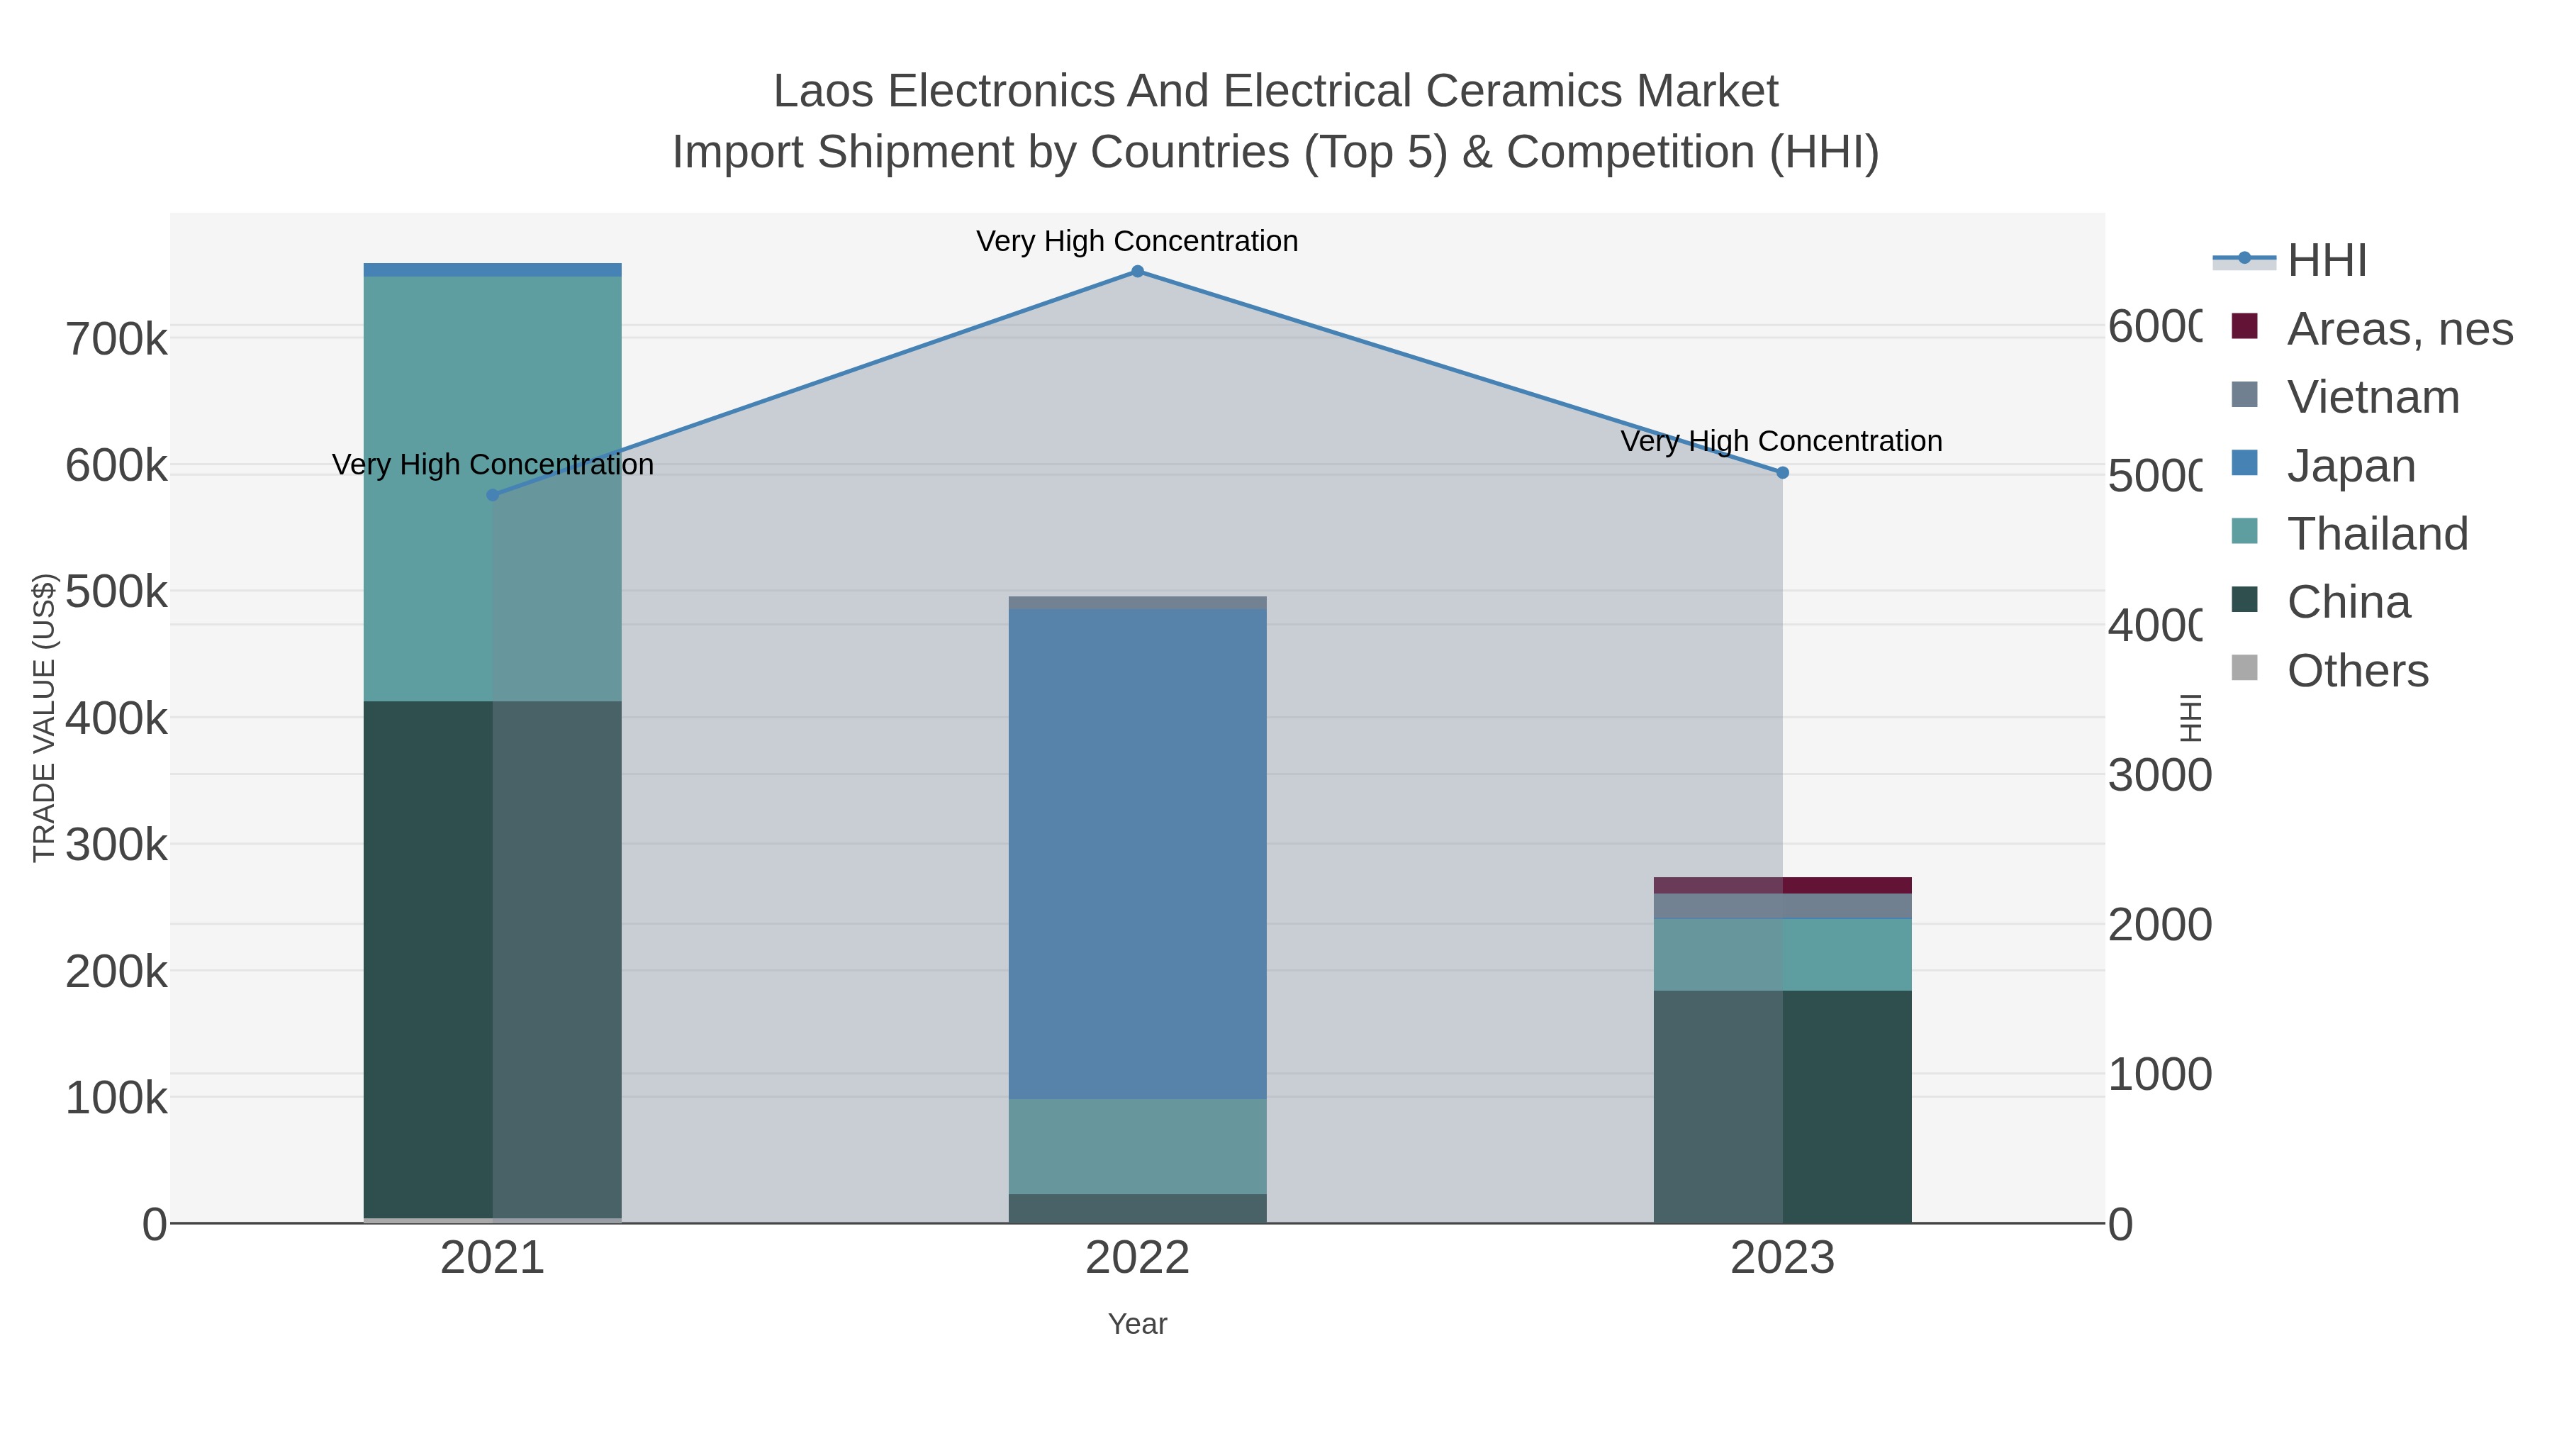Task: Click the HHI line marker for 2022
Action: [1137, 272]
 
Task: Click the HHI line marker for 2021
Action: [493, 494]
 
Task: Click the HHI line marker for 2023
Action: [1782, 473]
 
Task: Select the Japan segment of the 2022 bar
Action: [1137, 852]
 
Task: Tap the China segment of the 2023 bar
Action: [1842, 1105]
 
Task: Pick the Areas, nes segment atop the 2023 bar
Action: [1842, 885]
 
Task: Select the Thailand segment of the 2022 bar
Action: [1137, 1146]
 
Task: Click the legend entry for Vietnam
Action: [2372, 397]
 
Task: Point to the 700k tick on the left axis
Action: [116, 340]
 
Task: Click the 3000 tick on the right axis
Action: [2159, 775]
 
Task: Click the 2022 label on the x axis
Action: [1137, 1257]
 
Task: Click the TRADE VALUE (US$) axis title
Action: [45, 718]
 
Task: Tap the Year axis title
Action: [1137, 1324]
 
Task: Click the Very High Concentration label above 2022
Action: [1136, 241]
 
